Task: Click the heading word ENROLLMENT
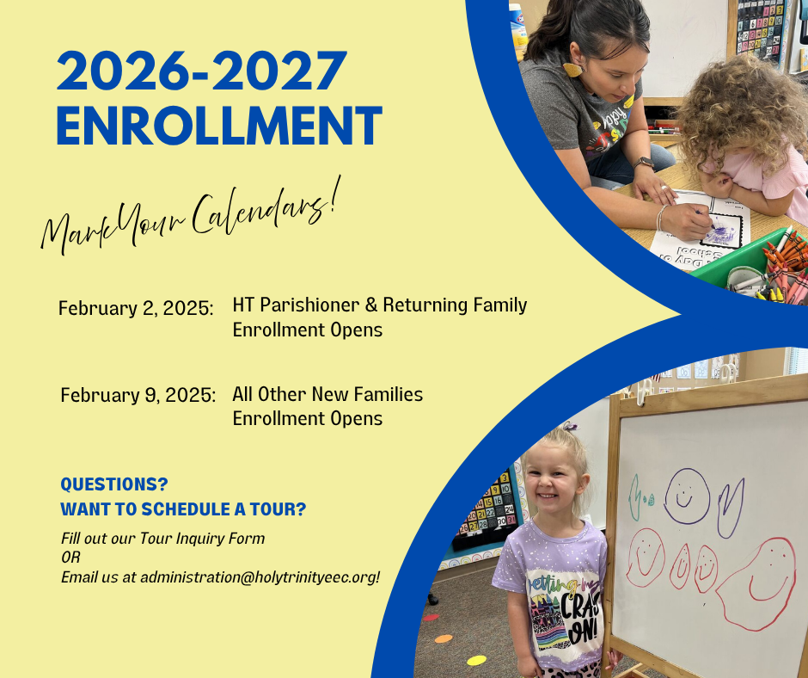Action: pyautogui.click(x=219, y=126)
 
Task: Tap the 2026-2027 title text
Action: pyautogui.click(x=201, y=71)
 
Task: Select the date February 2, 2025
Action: pyautogui.click(x=136, y=308)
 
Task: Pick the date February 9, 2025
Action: pyautogui.click(x=138, y=395)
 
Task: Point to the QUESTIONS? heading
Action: pyautogui.click(x=114, y=484)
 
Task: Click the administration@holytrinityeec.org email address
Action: pyautogui.click(x=260, y=576)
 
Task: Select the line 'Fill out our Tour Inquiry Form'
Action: pyautogui.click(x=162, y=539)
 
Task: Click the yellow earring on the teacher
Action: pyautogui.click(x=572, y=69)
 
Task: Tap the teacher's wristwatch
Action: pyautogui.click(x=644, y=163)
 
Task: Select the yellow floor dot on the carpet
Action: pyautogui.click(x=477, y=660)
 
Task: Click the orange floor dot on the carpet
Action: pyautogui.click(x=444, y=638)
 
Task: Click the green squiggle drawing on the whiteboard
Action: pyautogui.click(x=636, y=497)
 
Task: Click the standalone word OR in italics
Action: pyautogui.click(x=70, y=558)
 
